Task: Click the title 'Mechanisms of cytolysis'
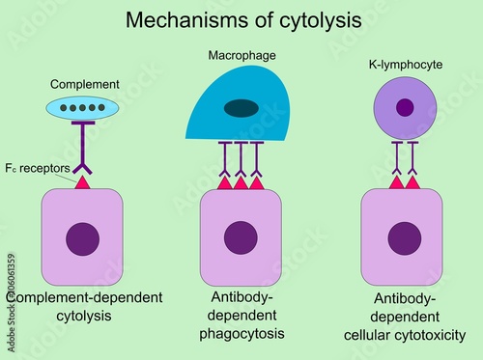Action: [x=244, y=19]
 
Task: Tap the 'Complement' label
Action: [x=85, y=84]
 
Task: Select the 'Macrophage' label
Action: [x=241, y=56]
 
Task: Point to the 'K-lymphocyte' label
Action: [x=405, y=66]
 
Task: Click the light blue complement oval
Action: [x=83, y=107]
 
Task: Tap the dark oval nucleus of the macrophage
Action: [x=241, y=108]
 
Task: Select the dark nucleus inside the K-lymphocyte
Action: [x=405, y=107]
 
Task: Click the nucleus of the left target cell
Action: [x=83, y=238]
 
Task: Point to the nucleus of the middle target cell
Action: [x=241, y=238]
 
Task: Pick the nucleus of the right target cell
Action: [x=401, y=238]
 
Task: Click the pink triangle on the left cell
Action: [x=83, y=181]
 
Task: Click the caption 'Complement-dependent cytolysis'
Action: [x=83, y=307]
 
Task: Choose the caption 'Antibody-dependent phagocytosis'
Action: [x=241, y=315]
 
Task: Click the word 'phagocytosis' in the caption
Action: [x=241, y=333]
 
